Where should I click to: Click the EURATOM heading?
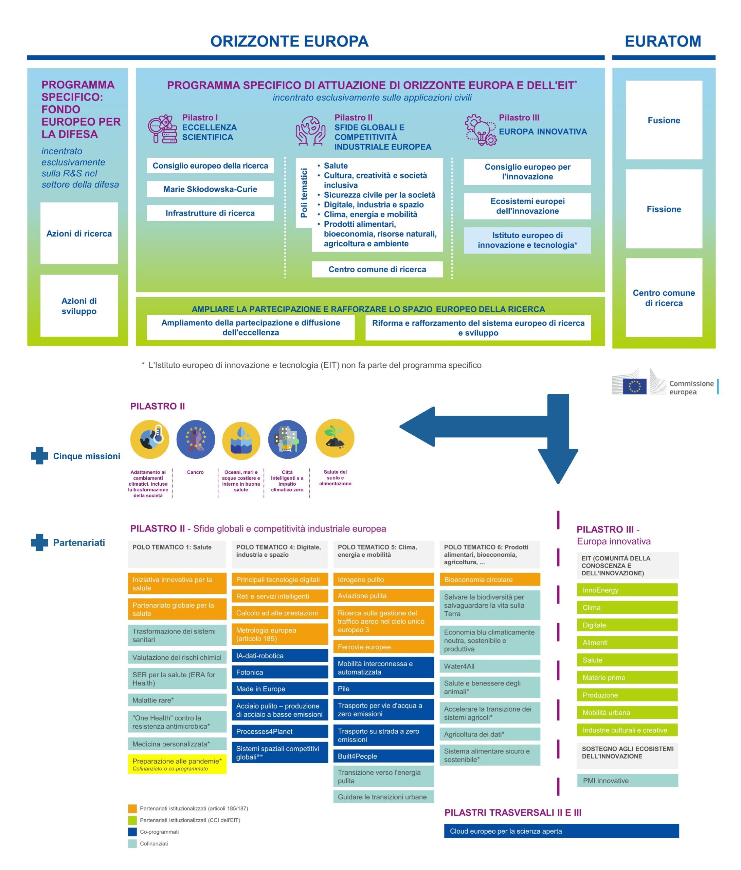[663, 41]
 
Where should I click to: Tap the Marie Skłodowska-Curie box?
[210, 189]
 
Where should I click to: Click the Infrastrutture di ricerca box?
[210, 213]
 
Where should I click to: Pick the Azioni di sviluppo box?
[79, 306]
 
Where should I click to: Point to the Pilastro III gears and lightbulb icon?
[480, 130]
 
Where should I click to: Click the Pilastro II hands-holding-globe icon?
[310, 131]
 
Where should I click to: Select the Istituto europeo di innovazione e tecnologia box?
[527, 240]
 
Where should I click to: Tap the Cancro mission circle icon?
[196, 439]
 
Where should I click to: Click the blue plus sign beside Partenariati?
[39, 542]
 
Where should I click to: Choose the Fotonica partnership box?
[279, 672]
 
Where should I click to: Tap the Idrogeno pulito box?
[383, 579]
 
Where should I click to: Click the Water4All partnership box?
[489, 666]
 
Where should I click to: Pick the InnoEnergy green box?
[627, 590]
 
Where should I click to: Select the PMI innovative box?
[627, 781]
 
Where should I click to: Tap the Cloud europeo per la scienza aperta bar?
[561, 831]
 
